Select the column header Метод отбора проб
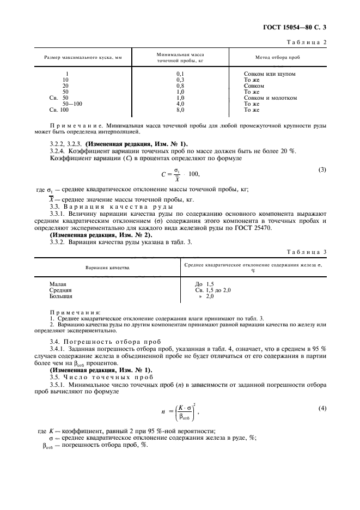(277, 57)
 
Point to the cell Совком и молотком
(270, 98)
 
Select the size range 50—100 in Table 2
(72, 104)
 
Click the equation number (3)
(322, 169)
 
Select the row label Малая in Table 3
(58, 284)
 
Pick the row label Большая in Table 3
(61, 296)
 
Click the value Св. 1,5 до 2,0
(213, 290)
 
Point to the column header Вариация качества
(107, 269)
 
